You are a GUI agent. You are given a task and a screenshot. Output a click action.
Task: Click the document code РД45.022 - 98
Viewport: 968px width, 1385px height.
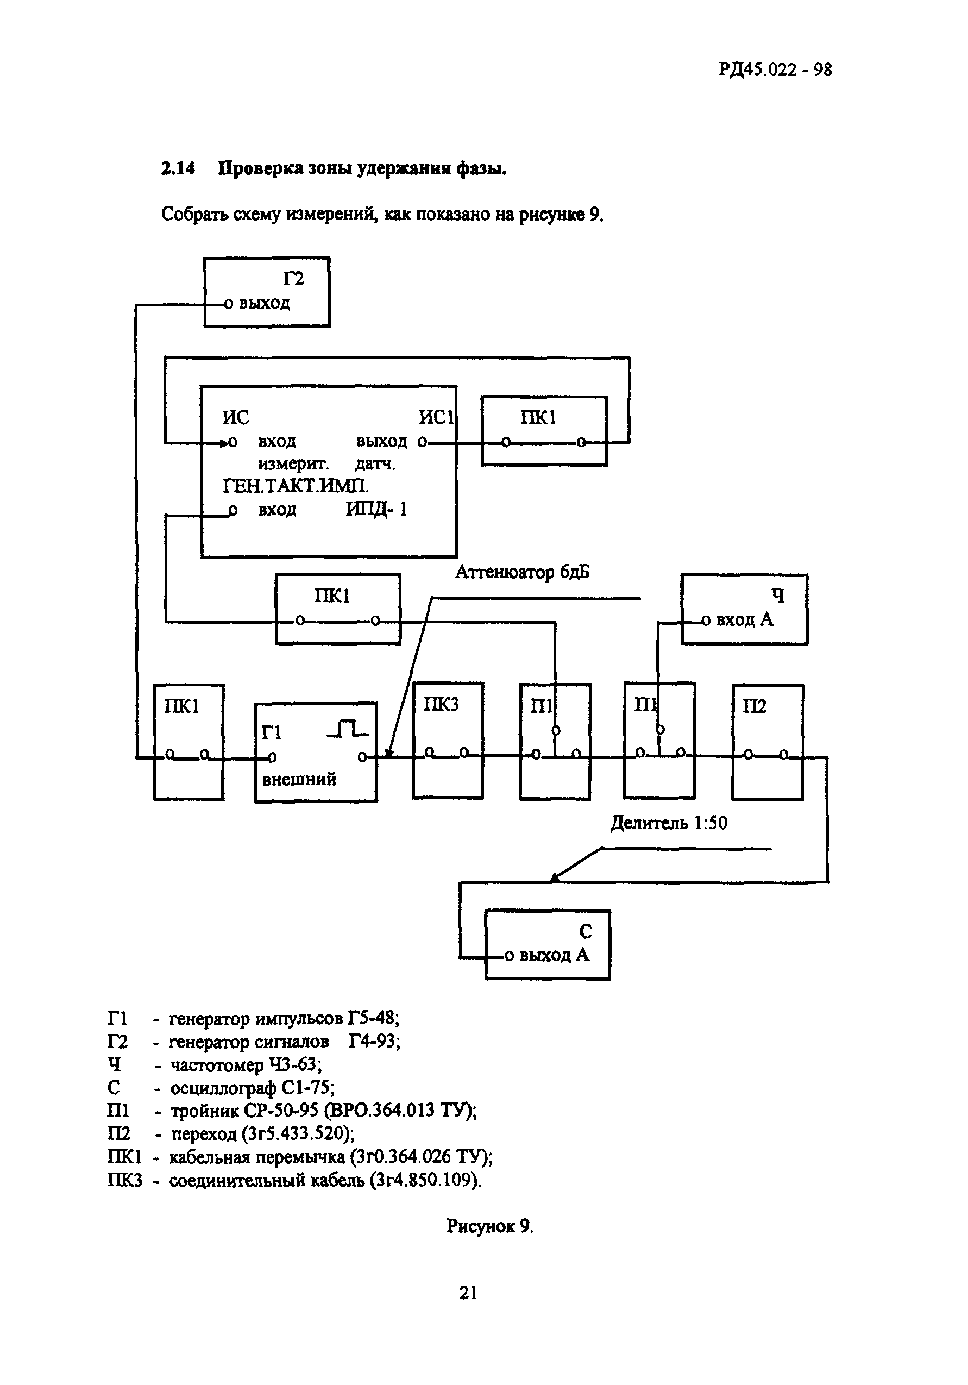pyautogui.click(x=775, y=70)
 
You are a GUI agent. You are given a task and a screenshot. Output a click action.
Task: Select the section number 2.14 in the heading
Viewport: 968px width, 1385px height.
pyautogui.click(x=178, y=168)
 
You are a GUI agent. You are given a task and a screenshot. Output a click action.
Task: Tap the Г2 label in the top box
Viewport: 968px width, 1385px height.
pyautogui.click(x=293, y=279)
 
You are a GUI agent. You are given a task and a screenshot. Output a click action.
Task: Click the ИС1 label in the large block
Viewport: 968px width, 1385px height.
pyautogui.click(x=436, y=417)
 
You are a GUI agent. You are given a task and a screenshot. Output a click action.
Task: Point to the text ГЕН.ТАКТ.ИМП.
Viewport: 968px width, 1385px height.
pyautogui.click(x=296, y=486)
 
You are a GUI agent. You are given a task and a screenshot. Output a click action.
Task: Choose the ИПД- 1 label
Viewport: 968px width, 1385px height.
pyautogui.click(x=376, y=510)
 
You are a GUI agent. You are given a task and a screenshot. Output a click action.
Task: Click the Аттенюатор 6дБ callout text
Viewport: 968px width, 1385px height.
pyautogui.click(x=523, y=572)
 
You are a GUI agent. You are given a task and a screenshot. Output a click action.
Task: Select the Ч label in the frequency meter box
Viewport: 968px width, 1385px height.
pyautogui.click(x=778, y=596)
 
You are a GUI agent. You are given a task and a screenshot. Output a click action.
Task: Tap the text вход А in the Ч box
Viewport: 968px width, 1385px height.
pyautogui.click(x=744, y=619)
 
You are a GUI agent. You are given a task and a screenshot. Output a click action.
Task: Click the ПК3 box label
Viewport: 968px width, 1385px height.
pyautogui.click(x=441, y=704)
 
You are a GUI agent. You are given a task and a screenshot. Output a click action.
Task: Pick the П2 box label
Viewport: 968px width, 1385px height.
pyautogui.click(x=755, y=706)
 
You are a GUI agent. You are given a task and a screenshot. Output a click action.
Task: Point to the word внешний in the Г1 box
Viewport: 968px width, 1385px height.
pyautogui.click(x=299, y=779)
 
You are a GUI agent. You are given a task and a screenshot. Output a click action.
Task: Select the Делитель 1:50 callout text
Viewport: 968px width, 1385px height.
pyautogui.click(x=669, y=823)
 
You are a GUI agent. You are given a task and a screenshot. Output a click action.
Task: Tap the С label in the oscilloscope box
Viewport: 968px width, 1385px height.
pyautogui.click(x=586, y=932)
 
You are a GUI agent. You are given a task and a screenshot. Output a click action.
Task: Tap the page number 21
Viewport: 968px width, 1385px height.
pyautogui.click(x=469, y=1293)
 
